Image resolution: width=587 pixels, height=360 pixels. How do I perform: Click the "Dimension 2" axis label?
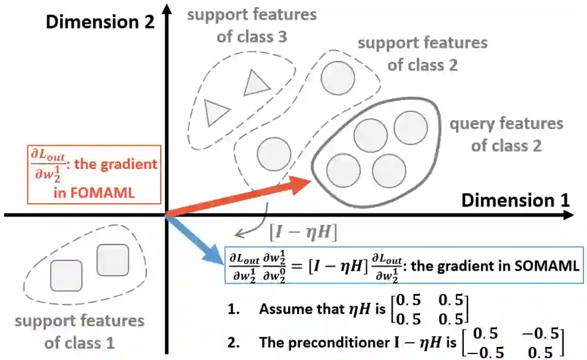(x=100, y=23)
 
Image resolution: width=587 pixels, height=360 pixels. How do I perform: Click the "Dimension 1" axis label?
(x=515, y=199)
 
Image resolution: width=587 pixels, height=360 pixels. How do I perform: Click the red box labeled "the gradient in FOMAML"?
(x=95, y=173)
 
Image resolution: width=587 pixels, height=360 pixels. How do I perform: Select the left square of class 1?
(x=66, y=275)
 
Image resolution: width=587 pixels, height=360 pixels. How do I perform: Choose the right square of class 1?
(x=113, y=260)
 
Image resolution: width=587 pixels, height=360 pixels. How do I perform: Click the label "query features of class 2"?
(x=506, y=134)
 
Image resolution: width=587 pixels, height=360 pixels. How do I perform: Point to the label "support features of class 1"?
(x=79, y=331)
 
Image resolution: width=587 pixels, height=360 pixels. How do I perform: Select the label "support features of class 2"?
(x=422, y=54)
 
